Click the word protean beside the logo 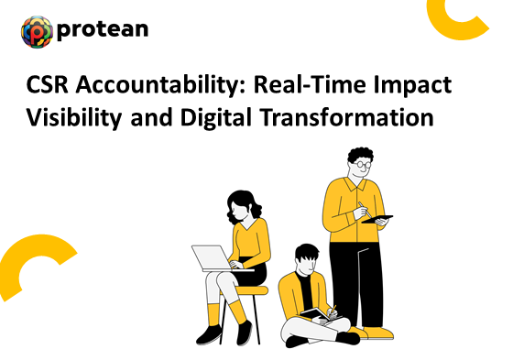[102, 30]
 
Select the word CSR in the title [48, 89]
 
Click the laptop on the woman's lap [213, 256]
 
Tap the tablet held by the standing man [378, 218]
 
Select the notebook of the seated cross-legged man [316, 314]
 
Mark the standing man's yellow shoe [379, 333]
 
